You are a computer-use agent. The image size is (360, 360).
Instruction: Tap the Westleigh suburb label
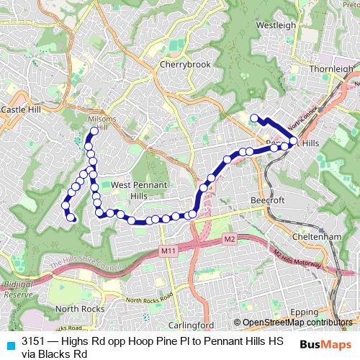click(276, 24)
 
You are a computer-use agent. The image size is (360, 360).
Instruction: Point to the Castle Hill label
click(22, 109)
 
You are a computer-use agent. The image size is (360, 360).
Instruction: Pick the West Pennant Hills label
click(139, 190)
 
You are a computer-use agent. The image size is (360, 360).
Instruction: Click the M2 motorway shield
click(229, 238)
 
